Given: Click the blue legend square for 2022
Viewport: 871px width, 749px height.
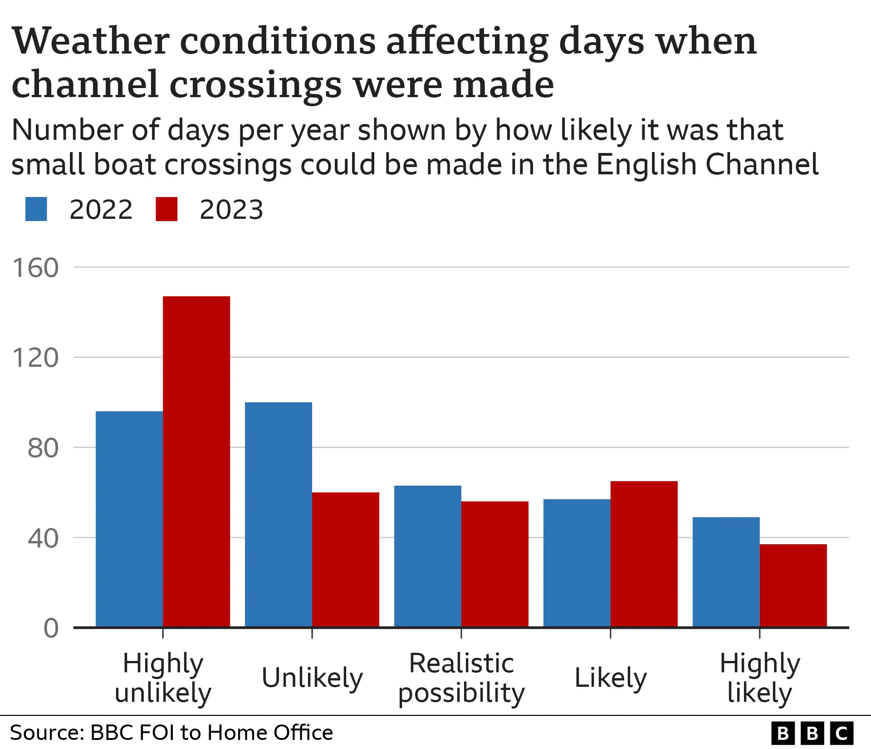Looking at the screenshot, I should pos(36,209).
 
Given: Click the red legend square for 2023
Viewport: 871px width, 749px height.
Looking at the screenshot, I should pos(166,209).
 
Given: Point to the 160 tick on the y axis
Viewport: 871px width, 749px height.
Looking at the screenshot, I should pos(35,267).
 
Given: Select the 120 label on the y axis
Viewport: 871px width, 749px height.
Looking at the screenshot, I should pos(35,358).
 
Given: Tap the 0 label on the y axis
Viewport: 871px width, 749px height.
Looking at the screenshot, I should pos(51,629).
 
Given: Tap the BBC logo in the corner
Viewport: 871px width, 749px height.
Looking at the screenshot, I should pos(812,733).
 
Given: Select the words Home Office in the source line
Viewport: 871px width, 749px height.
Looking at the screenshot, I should pos(270,733).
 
